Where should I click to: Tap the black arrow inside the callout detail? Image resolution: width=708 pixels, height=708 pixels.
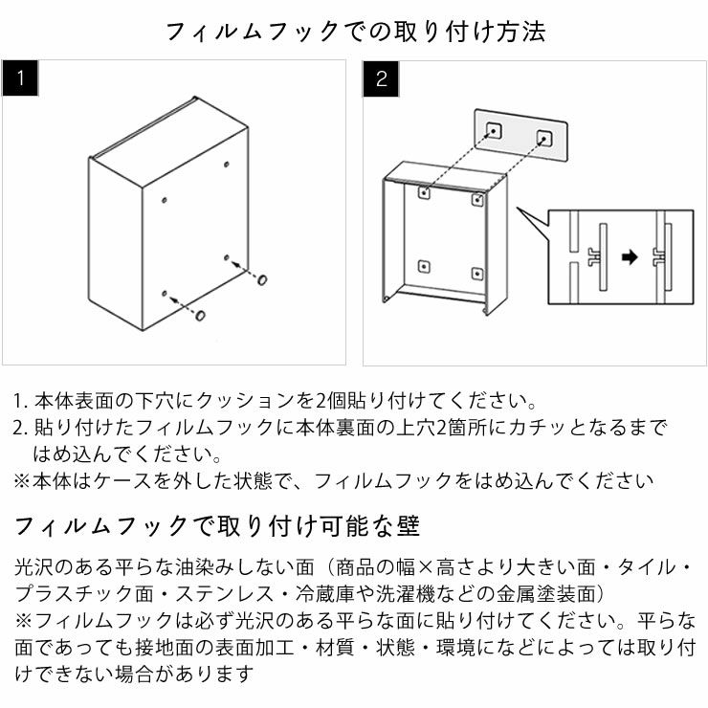pos(628,255)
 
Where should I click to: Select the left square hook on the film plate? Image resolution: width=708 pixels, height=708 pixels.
pos(495,129)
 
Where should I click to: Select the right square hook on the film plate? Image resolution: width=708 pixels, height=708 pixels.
pos(545,136)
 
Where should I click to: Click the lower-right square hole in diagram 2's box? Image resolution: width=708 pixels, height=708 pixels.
pos(476,274)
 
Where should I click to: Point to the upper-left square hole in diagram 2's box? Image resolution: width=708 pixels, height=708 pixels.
pos(424,192)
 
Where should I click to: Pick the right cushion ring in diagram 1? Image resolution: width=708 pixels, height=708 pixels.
pos(261,279)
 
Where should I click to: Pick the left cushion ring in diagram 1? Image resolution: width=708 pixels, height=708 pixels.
pos(201,315)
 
